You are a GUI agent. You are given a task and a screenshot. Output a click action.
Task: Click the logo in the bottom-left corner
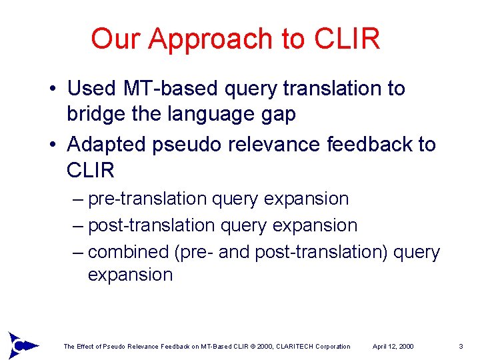[20, 345]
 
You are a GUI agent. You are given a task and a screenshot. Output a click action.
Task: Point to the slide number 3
[461, 347]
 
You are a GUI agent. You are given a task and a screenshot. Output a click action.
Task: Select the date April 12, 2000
[393, 347]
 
